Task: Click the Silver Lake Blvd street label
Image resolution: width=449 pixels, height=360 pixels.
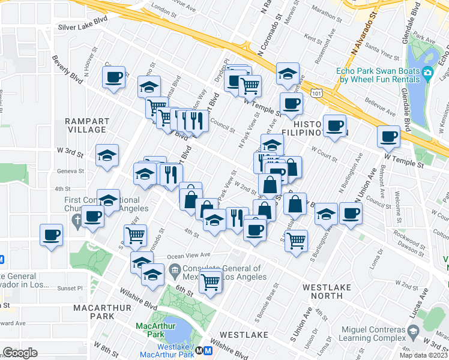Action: (x=82, y=27)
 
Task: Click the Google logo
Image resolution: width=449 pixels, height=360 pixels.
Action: (x=21, y=353)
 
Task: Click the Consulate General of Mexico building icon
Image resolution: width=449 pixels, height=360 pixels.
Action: (x=174, y=271)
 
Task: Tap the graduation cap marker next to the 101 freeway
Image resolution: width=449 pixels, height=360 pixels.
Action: (x=288, y=74)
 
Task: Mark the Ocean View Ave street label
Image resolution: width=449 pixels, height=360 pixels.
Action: (x=189, y=255)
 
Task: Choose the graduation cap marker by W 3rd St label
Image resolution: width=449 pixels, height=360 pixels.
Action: (x=107, y=155)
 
